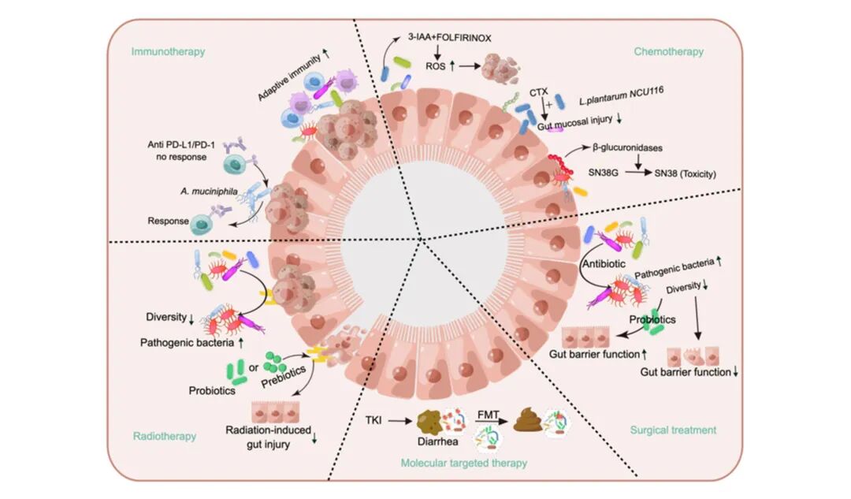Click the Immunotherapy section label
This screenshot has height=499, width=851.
(x=169, y=52)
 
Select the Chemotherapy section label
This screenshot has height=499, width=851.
(x=668, y=52)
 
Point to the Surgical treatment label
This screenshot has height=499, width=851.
(x=673, y=430)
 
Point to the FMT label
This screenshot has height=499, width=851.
(x=489, y=412)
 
